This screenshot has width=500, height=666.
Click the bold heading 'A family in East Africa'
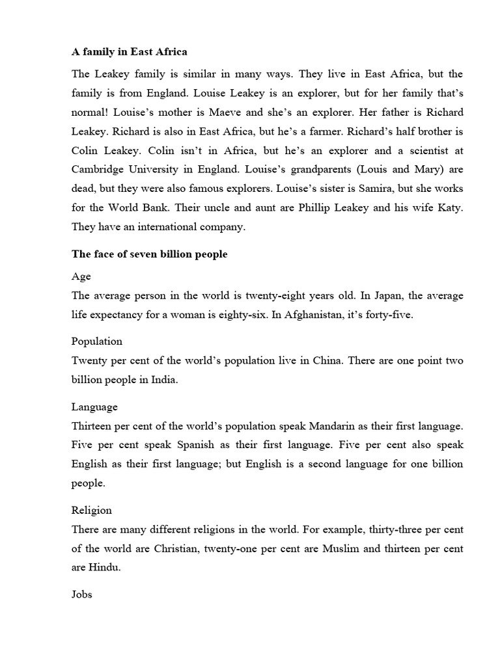[x=129, y=51]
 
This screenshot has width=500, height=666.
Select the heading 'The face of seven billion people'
[x=149, y=254]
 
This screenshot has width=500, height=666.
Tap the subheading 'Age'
[x=81, y=276]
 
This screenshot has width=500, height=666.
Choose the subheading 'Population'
[x=97, y=341]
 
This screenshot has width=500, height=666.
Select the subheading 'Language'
[x=94, y=406]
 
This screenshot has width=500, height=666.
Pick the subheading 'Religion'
[x=92, y=510]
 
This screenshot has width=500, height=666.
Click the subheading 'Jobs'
[x=81, y=594]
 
